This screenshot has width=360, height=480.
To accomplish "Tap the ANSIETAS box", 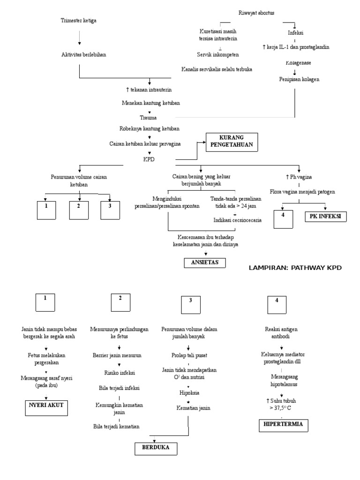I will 204,262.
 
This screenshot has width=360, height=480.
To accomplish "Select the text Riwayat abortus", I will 257,13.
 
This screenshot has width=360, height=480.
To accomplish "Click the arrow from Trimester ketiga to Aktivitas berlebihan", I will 79,37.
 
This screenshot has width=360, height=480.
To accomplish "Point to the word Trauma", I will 148,117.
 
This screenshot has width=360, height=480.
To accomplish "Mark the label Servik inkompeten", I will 218,54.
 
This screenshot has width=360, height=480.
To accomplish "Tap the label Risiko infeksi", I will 119,373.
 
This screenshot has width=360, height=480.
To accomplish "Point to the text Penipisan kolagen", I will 297,79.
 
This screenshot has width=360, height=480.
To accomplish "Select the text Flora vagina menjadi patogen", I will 302,191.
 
